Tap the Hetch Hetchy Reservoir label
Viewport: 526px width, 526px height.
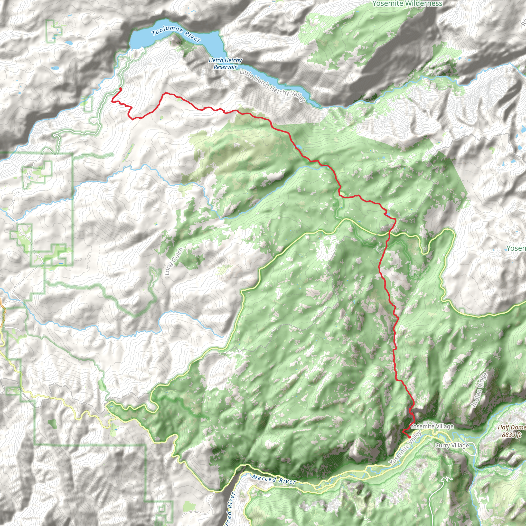coord(225,63)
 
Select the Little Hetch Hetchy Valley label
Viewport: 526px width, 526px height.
coord(273,85)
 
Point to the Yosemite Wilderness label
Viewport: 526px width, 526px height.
coord(407,4)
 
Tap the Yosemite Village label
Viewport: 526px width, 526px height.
coord(432,426)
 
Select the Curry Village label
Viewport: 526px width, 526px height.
coord(452,445)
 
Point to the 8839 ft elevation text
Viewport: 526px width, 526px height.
coord(512,435)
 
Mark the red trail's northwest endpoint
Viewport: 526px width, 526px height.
coord(120,89)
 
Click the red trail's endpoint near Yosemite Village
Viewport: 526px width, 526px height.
coord(409,437)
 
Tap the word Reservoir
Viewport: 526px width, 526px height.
coord(225,67)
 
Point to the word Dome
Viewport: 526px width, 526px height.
coord(518,427)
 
